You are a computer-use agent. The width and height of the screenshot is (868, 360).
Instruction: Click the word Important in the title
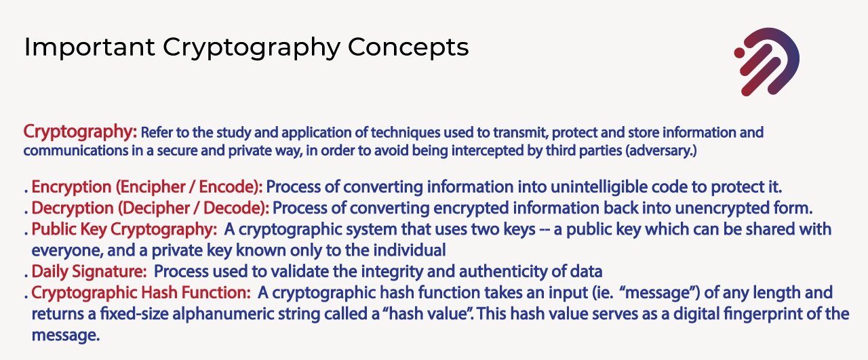pos(90,47)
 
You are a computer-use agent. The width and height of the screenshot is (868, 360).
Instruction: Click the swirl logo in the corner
pos(767,62)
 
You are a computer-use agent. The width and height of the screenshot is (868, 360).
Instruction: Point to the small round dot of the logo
pos(739,53)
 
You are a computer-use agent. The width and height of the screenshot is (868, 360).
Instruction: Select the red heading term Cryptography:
pos(80,132)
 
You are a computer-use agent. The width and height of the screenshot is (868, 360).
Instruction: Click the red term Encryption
pos(71,187)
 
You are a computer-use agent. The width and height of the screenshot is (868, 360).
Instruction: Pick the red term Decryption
pos(73,209)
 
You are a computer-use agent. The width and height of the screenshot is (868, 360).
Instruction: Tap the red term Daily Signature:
pos(89,272)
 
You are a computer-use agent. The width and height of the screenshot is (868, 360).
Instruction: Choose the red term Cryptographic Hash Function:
pos(141,293)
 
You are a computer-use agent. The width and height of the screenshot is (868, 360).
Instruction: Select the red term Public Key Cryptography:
pos(124,229)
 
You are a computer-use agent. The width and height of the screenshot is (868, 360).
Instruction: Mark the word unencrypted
pos(722,209)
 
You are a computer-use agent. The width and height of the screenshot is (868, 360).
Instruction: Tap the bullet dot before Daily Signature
pos(26,277)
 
